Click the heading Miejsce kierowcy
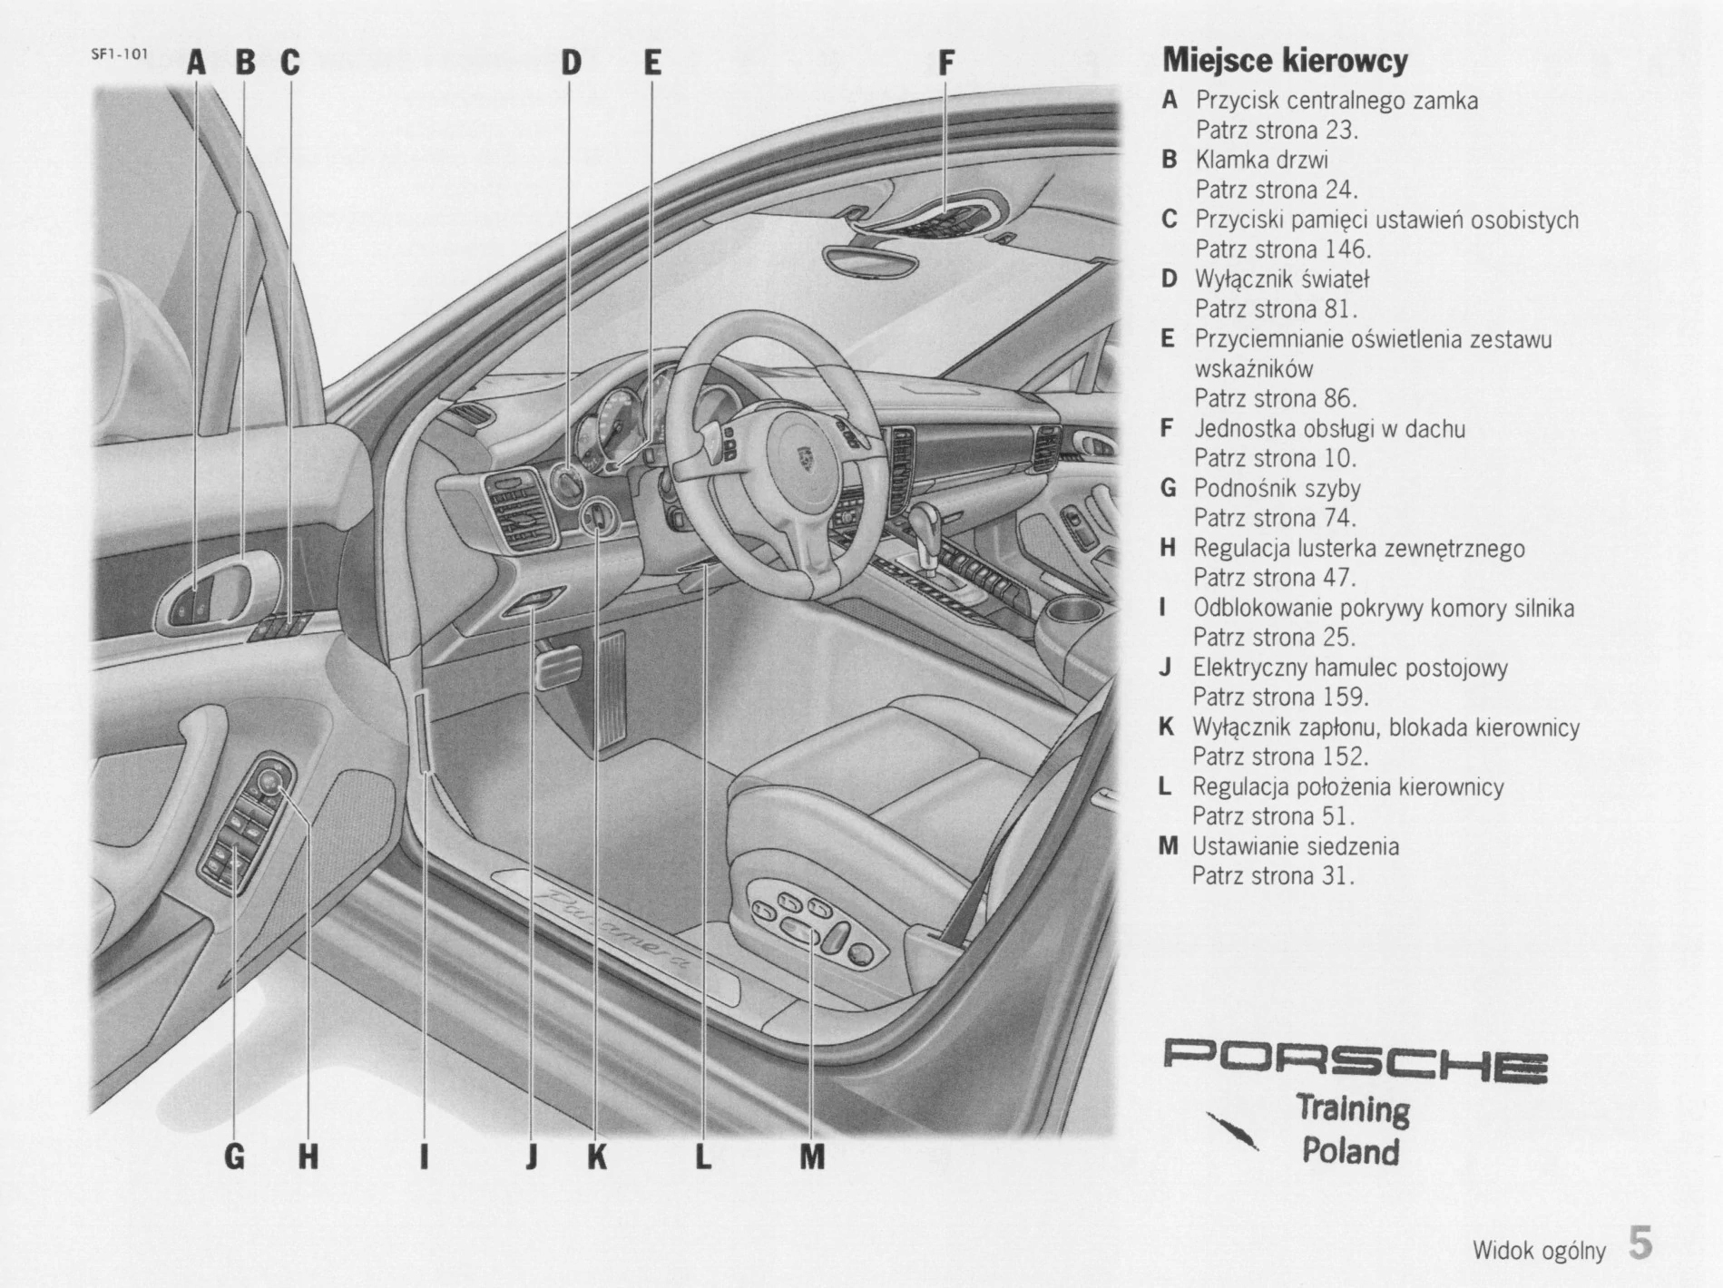[x=1285, y=61]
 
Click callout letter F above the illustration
[x=945, y=63]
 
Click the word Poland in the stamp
[x=1350, y=1151]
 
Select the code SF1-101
[x=119, y=54]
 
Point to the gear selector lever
[x=925, y=527]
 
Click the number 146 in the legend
[x=1346, y=249]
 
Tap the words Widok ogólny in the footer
[x=1539, y=1252]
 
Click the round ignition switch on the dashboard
[x=600, y=520]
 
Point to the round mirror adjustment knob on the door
[x=271, y=779]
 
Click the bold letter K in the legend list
[x=1167, y=727]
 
